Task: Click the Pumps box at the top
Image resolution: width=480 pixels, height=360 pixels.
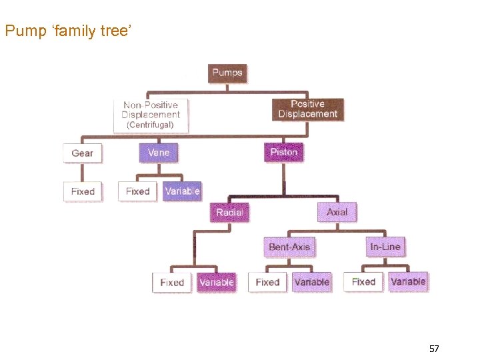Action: [x=227, y=72]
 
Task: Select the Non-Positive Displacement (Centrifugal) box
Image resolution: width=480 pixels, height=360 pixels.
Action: [x=151, y=114]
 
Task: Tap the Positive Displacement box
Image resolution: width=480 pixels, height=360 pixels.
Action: [x=307, y=109]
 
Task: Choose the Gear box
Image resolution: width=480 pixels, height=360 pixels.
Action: [x=83, y=153]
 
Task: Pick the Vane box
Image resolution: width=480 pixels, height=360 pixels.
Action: [x=159, y=153]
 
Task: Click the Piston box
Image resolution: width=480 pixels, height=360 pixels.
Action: [x=283, y=152]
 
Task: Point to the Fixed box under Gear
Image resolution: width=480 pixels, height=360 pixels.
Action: [x=83, y=191]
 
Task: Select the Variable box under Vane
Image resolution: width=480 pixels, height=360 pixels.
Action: [x=182, y=191]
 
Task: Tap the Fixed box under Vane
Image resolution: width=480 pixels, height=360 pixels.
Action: [x=138, y=191]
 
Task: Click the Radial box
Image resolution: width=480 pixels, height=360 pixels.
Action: [x=229, y=213]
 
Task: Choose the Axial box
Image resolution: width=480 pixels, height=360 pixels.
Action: [x=337, y=212]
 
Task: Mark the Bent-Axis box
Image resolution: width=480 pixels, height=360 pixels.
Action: [x=289, y=247]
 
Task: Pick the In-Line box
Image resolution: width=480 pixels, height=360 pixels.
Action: [x=385, y=247]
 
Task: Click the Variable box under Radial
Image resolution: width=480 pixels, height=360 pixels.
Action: [x=217, y=283]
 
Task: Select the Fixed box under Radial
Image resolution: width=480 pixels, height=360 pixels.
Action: [x=172, y=283]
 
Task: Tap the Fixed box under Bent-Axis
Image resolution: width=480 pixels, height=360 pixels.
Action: [x=267, y=282]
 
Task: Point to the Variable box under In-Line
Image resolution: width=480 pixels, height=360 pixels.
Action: [x=408, y=281]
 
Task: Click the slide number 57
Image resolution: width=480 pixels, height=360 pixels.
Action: [x=434, y=349]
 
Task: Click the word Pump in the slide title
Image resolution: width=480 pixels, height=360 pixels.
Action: [x=21, y=31]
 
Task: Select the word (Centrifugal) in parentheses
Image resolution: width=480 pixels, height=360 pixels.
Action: [x=151, y=125]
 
